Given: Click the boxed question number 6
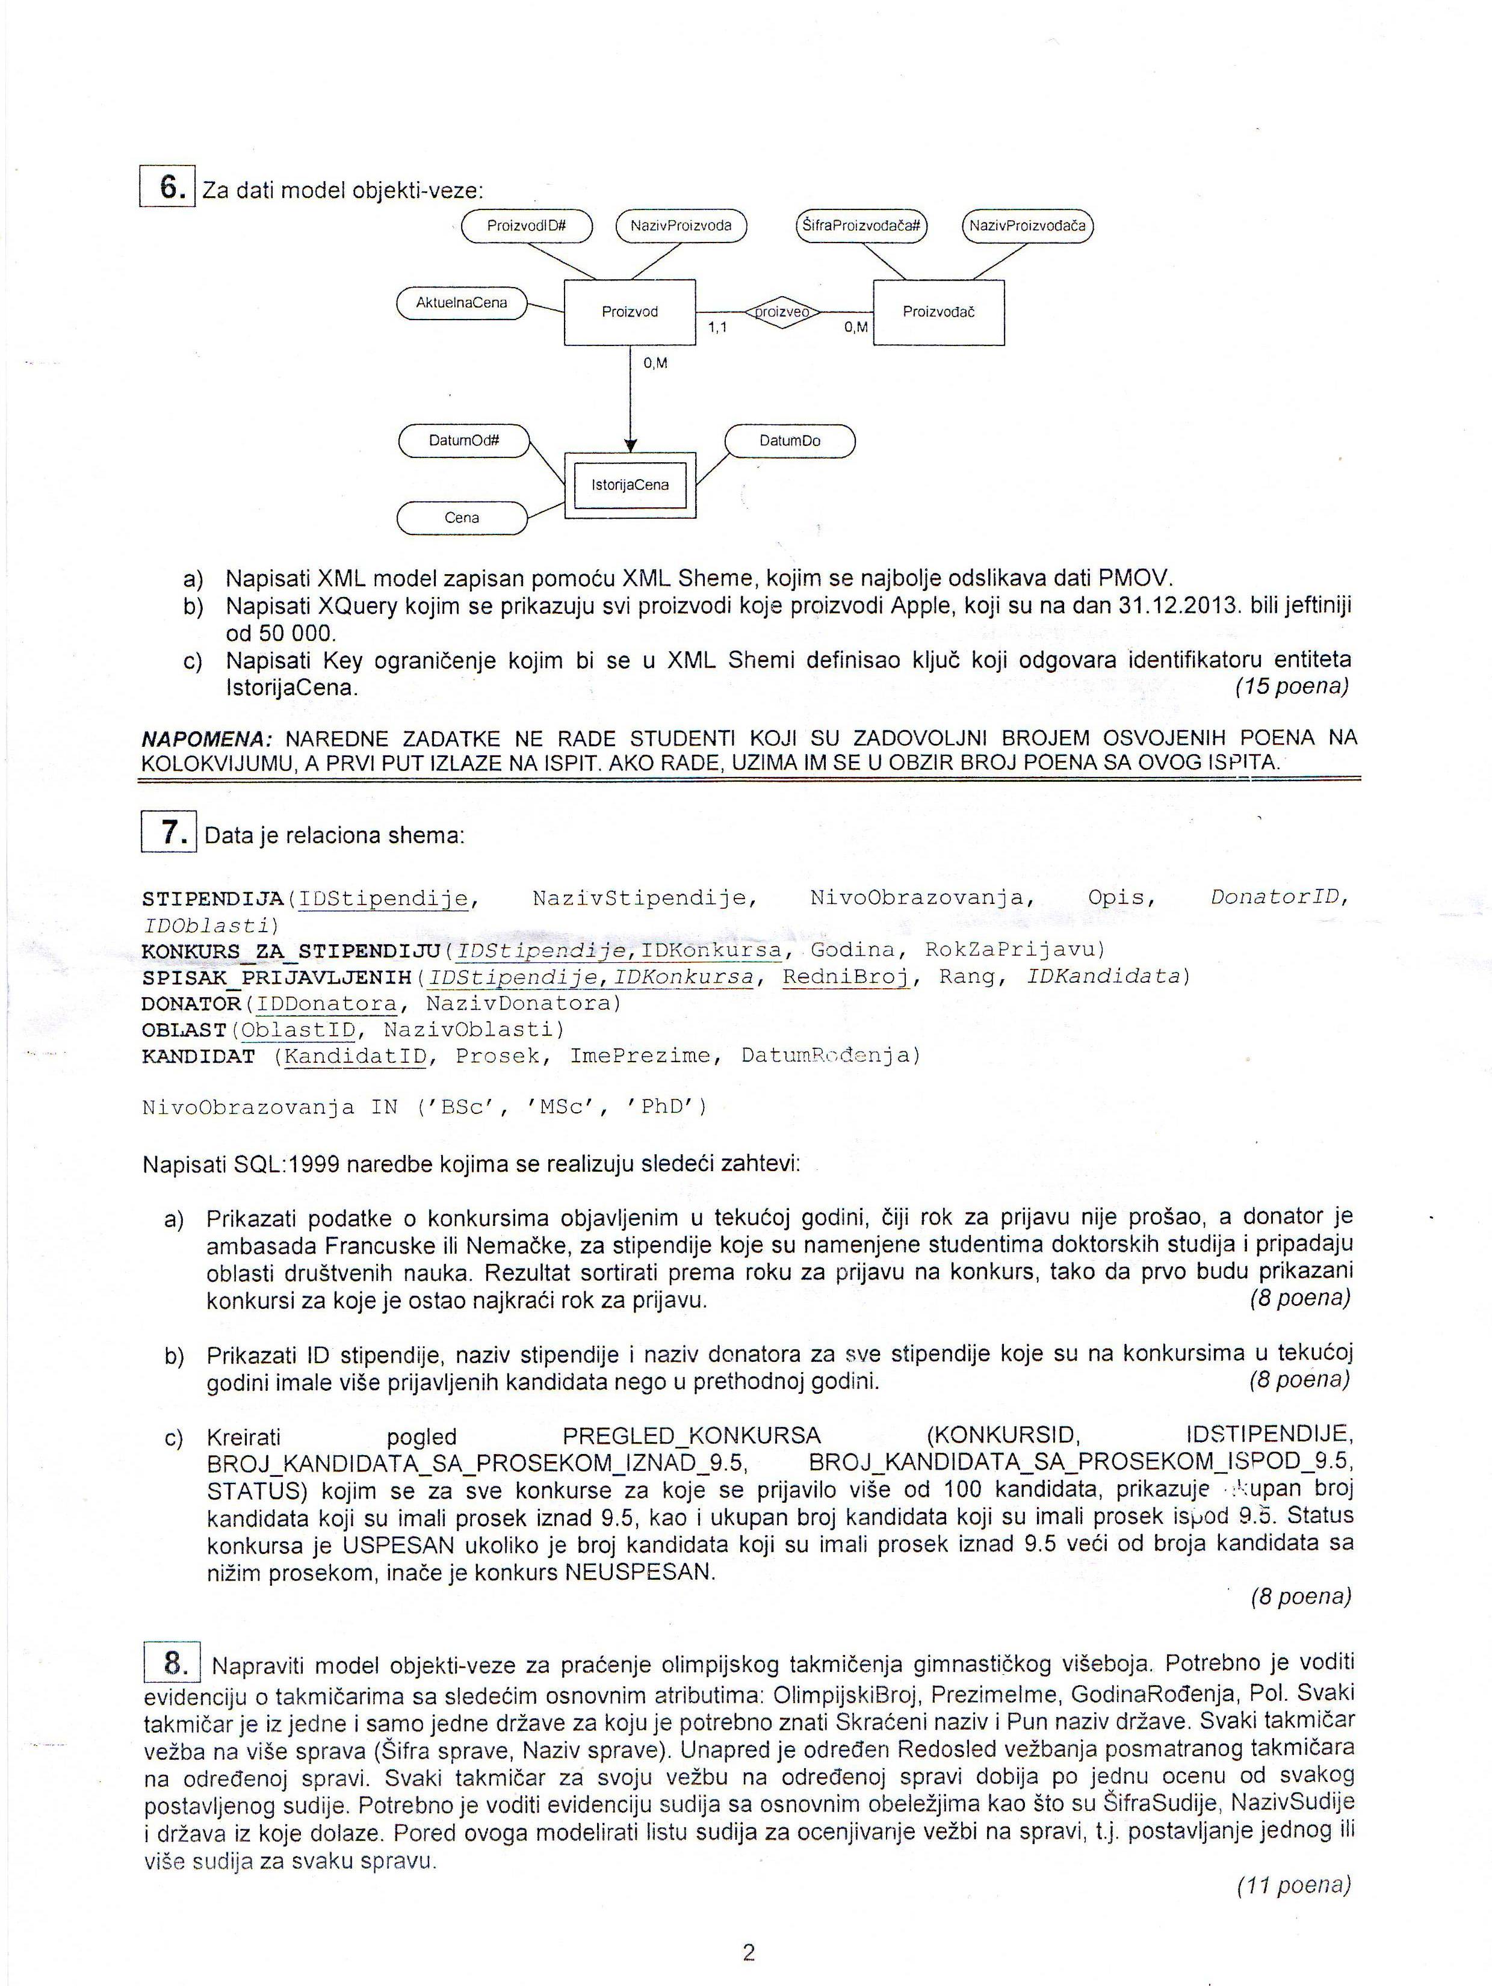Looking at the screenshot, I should pyautogui.click(x=168, y=188).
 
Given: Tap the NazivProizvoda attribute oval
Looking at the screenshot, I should pyautogui.click(x=681, y=225).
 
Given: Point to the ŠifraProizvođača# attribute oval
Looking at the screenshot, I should pyautogui.click(x=861, y=225).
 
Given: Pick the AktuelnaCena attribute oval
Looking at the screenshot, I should pyautogui.click(x=462, y=303).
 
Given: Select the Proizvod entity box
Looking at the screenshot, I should pyautogui.click(x=630, y=312).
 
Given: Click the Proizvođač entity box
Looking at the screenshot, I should pyautogui.click(x=938, y=312).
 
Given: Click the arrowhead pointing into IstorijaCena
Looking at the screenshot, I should pyautogui.click(x=630, y=445).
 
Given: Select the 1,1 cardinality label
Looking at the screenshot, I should pyautogui.click(x=717, y=329).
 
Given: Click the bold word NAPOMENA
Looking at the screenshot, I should pyautogui.click(x=206, y=739).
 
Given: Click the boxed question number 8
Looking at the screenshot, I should pyautogui.click(x=172, y=1663).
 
